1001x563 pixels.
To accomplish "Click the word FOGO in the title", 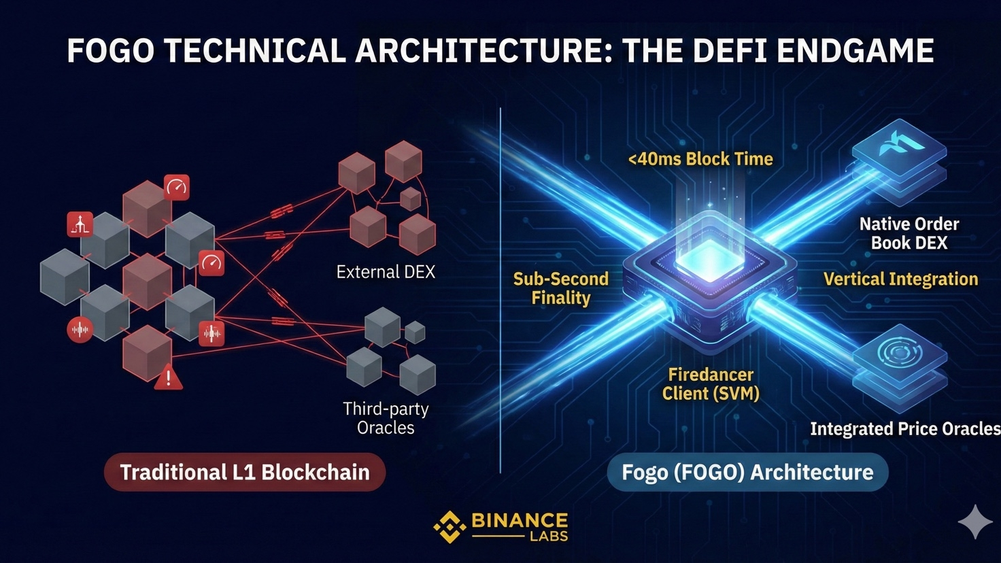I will tap(111, 51).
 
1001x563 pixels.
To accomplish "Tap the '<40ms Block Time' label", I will tap(700, 159).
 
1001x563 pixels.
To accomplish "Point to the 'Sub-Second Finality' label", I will tap(560, 288).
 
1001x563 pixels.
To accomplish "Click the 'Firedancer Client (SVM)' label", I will tap(711, 383).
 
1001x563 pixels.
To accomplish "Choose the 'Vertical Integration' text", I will tap(900, 279).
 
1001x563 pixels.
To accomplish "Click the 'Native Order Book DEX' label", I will tap(909, 233).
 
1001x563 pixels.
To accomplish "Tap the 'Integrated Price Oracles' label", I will tap(904, 429).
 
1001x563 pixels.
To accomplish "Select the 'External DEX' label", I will tap(386, 272).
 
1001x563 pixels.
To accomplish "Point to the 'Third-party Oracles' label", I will tap(386, 418).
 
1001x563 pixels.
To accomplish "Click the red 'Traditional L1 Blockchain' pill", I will tap(245, 472).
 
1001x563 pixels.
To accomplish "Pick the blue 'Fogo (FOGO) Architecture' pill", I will tap(747, 472).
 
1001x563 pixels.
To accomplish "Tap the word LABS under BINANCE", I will tap(548, 536).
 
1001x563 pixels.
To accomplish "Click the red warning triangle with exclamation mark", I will tap(168, 377).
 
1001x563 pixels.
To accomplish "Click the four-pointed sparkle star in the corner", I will tap(974, 522).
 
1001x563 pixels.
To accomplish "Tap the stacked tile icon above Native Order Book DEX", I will tap(899, 153).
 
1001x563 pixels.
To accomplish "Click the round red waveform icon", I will tap(80, 330).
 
